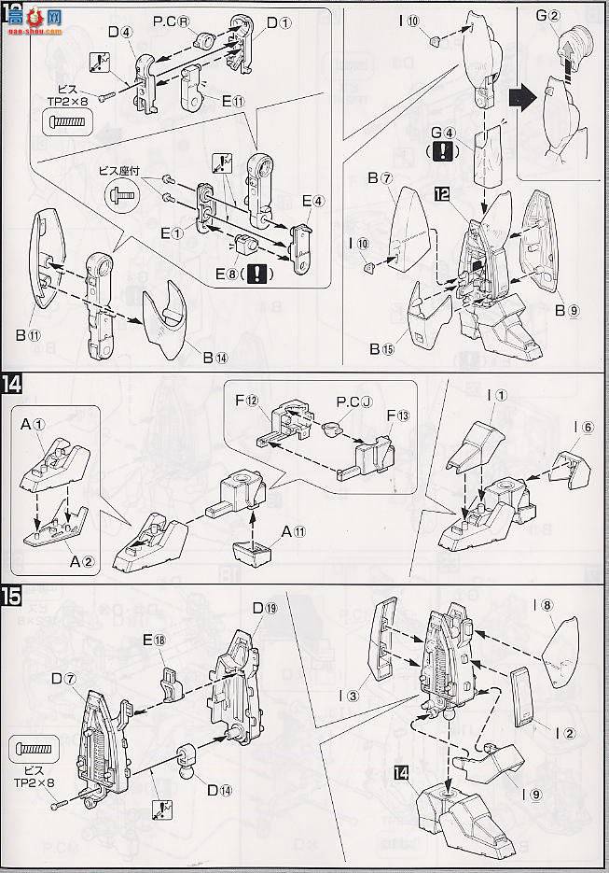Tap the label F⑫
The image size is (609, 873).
(x=246, y=401)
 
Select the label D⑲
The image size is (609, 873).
(x=264, y=609)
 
